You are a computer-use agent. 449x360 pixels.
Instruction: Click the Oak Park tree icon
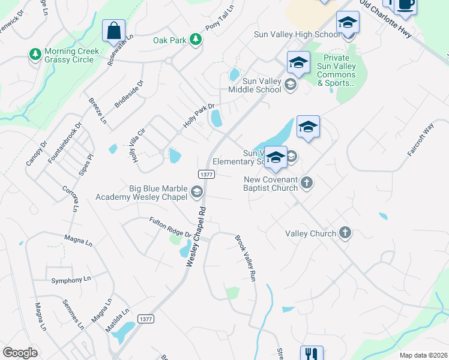(195, 40)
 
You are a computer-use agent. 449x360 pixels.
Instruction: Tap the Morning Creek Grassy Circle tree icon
(35, 55)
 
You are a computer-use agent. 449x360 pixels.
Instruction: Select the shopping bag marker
(113, 31)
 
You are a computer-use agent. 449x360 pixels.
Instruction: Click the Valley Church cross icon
(345, 233)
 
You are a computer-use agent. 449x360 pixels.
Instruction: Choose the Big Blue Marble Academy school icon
(196, 192)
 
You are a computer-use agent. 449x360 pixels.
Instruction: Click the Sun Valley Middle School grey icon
(291, 85)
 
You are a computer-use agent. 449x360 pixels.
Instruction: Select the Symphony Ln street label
(71, 280)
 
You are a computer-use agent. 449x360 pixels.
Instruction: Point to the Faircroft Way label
(420, 140)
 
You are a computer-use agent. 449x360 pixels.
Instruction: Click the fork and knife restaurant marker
(312, 354)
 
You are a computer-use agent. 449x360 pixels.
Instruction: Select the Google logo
(20, 353)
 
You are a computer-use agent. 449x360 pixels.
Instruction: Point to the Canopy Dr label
(35, 154)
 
